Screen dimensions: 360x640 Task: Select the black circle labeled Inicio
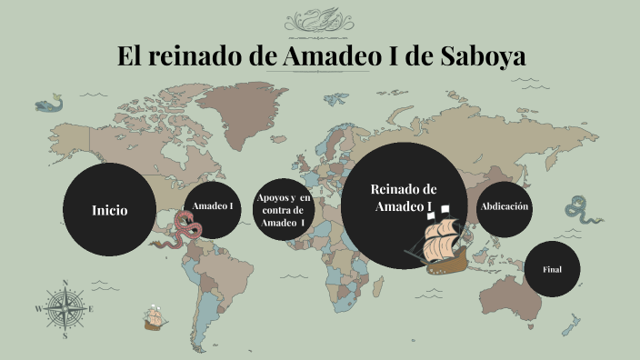(109, 210)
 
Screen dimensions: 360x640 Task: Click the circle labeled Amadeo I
(213, 206)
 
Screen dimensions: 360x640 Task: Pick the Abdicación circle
(504, 207)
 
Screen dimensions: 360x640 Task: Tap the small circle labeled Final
(552, 269)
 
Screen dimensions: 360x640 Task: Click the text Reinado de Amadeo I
(404, 197)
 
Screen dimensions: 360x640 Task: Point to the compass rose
(65, 308)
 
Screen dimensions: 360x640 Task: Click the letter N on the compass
(65, 283)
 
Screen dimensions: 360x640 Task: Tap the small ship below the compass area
(153, 318)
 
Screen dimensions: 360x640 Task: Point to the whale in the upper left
(51, 105)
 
